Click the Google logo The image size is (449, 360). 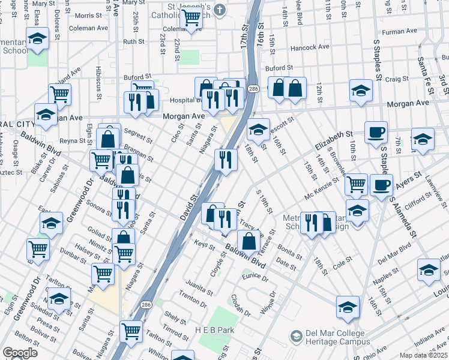point(20,353)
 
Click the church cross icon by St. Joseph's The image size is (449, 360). point(220,9)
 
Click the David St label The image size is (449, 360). point(188,206)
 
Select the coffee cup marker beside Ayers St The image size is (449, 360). point(381,185)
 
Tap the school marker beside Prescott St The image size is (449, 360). point(258,130)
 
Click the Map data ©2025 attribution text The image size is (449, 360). point(423,355)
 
